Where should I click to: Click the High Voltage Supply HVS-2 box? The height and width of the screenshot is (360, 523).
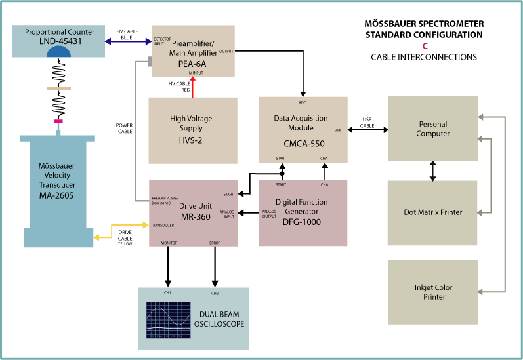[x=192, y=130]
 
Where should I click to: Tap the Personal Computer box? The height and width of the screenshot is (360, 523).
[x=433, y=129]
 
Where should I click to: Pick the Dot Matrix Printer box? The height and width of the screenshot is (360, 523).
[x=433, y=212]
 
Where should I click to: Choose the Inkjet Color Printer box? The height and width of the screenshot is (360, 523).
[x=433, y=292]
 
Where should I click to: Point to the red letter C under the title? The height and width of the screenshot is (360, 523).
[x=425, y=46]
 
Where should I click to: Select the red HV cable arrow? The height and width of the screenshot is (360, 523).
[x=193, y=83]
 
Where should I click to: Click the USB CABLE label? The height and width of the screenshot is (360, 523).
[x=367, y=122]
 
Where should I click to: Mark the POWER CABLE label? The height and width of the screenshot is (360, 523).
[x=125, y=128]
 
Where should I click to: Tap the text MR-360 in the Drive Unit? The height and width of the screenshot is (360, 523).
[x=194, y=217]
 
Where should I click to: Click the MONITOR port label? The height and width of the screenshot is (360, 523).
[x=169, y=243]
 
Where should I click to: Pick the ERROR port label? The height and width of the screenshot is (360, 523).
[x=215, y=243]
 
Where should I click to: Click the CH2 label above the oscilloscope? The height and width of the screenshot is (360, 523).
[x=215, y=292]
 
